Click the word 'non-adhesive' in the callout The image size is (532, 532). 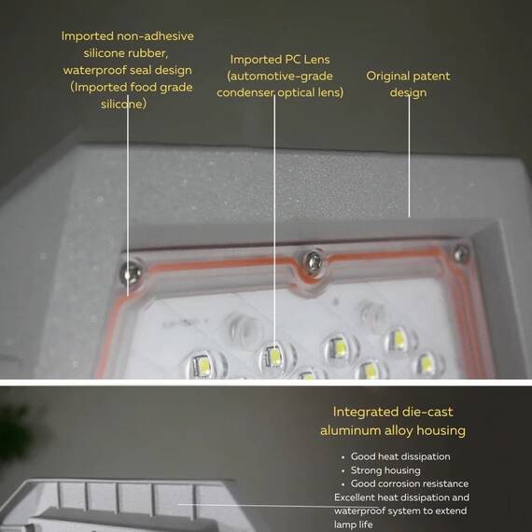pyautogui.click(x=154, y=36)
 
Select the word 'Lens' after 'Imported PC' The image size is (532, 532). pyautogui.click(x=316, y=60)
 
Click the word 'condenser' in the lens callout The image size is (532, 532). pyautogui.click(x=245, y=92)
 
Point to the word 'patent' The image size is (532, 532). pyautogui.click(x=430, y=76)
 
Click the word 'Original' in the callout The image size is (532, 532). pyautogui.click(x=386, y=76)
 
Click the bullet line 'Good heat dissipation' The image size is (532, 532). pyautogui.click(x=400, y=456)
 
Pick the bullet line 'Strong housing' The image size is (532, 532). pyautogui.click(x=385, y=470)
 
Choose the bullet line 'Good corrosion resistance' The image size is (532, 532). pyautogui.click(x=410, y=483)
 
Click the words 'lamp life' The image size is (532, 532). pyautogui.click(x=353, y=525)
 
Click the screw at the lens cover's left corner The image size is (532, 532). pyautogui.click(x=131, y=272)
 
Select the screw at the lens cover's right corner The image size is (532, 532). pyautogui.click(x=461, y=254)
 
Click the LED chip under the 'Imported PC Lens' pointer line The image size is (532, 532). pyautogui.click(x=273, y=357)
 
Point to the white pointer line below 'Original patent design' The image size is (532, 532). pyautogui.click(x=409, y=156)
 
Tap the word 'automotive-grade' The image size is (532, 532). pyautogui.click(x=281, y=76)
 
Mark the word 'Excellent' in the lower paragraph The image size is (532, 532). pyautogui.click(x=355, y=497)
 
